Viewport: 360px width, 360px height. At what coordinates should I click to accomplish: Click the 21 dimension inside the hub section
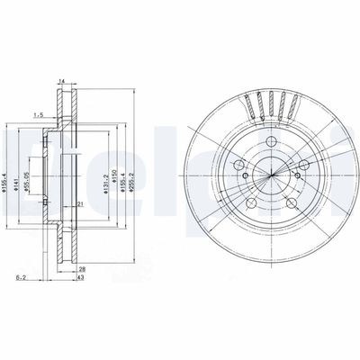coord(80,206)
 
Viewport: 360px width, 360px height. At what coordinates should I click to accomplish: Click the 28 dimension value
coord(81,270)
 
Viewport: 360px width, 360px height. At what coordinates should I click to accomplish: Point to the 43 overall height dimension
coord(81,279)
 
